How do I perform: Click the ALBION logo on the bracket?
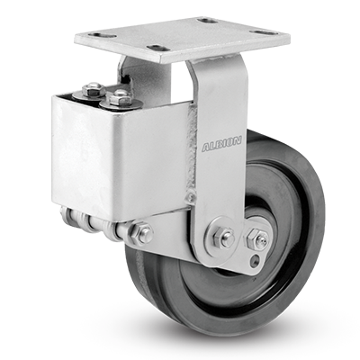point(221,146)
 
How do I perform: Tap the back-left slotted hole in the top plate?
point(104,35)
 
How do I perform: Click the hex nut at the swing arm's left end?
point(142,232)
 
